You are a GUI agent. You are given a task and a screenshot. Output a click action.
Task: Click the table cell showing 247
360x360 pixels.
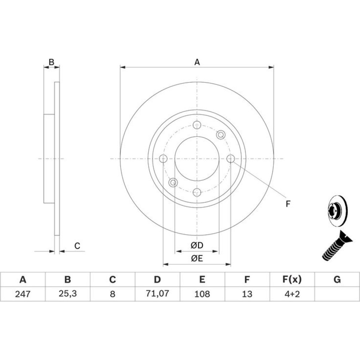23,294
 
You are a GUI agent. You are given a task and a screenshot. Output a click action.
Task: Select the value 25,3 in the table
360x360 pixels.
68,293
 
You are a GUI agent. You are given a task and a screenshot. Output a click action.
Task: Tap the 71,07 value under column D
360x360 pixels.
158,293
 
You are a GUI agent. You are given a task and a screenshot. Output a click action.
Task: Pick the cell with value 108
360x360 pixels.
202,294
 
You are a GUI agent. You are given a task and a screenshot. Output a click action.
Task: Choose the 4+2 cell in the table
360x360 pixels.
292,294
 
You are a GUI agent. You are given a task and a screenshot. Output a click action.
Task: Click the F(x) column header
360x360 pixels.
292,279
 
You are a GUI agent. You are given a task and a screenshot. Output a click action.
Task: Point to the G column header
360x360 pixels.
337,279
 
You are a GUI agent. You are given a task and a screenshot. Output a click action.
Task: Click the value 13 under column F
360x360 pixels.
247,294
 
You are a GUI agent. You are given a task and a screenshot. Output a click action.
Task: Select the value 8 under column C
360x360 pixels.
112,294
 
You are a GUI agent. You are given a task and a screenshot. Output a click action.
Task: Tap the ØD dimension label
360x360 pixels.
197,246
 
